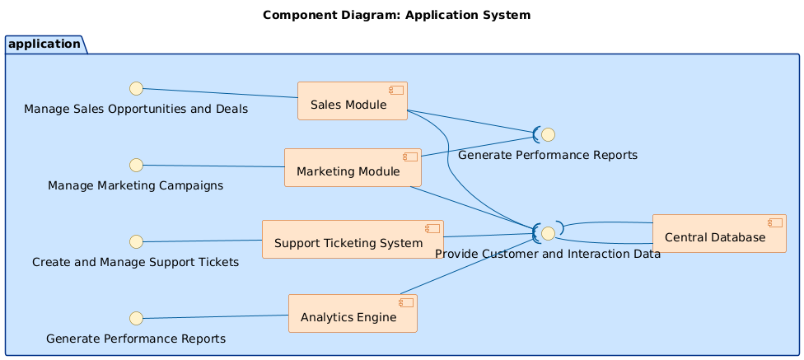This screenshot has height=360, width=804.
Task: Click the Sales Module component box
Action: (x=352, y=101)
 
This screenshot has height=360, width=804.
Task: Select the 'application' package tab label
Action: (x=45, y=44)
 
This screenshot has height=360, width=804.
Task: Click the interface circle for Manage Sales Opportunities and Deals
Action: (x=137, y=88)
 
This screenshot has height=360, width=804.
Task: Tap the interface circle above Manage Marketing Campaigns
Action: (x=137, y=165)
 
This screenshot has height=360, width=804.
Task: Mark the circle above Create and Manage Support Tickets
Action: (x=137, y=241)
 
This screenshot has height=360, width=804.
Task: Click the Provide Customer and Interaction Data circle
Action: (x=548, y=233)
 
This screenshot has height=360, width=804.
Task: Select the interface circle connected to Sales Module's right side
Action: (x=548, y=134)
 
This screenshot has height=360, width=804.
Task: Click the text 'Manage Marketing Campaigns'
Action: (x=136, y=185)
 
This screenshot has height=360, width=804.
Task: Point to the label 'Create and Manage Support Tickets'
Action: (x=135, y=262)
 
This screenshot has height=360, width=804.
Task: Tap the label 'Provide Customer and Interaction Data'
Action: (x=547, y=254)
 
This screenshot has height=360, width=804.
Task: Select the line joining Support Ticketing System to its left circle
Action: (x=203, y=241)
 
